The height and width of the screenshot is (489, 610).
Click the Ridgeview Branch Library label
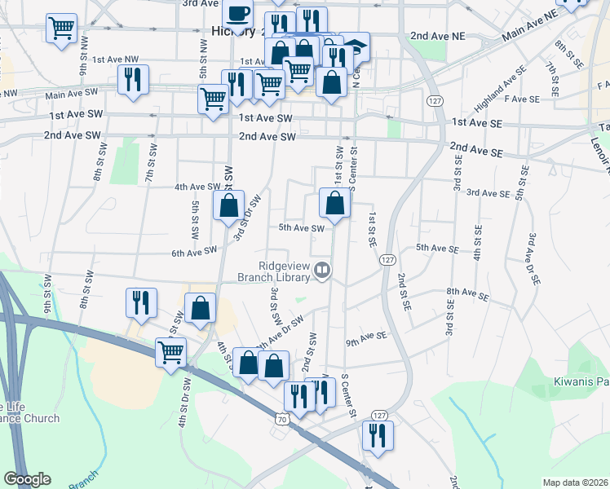pos(285,271)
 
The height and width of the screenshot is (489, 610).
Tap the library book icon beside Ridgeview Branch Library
pos(323,270)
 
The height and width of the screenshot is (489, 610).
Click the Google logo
pos(27,479)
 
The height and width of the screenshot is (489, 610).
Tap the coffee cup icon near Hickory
pos(237,15)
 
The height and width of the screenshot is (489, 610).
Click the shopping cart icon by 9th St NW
pos(62,29)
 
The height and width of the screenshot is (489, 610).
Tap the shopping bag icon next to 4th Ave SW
pos(229,205)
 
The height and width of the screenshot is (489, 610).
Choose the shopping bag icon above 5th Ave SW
pos(334,203)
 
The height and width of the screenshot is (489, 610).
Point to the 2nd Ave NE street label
pos(437,37)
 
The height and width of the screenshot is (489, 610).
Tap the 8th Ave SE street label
pos(466,291)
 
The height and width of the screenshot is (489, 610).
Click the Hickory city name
pos(233,31)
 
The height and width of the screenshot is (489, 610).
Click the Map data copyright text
pos(575,482)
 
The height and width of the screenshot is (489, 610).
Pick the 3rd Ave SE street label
pos(488,193)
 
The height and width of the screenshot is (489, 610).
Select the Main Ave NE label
pos(529,25)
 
